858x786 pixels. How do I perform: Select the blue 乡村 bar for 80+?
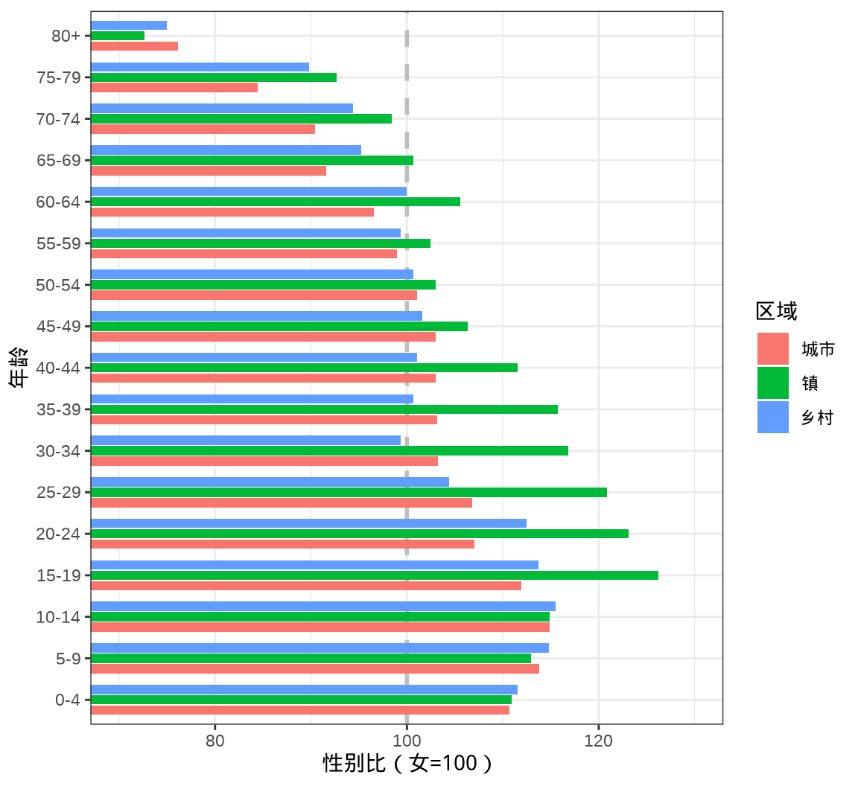(129, 25)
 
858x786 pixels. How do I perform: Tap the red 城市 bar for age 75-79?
(174, 88)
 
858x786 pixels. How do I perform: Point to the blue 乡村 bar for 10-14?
(322, 606)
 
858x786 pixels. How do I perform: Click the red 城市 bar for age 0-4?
(299, 710)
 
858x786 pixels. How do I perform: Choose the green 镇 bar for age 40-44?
(304, 368)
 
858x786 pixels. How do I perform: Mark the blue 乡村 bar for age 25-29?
(270, 482)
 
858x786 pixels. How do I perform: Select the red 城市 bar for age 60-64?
(232, 212)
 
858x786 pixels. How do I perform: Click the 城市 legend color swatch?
(772, 348)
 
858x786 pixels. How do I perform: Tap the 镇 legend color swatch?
(772, 383)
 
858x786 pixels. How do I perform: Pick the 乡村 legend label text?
(817, 418)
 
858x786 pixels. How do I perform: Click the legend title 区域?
(776, 311)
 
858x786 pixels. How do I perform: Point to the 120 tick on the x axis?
(598, 741)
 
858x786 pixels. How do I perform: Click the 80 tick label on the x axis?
(214, 741)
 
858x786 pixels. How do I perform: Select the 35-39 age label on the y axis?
(58, 409)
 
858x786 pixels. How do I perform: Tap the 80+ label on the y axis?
(66, 36)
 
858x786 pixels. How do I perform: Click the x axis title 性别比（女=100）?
(407, 764)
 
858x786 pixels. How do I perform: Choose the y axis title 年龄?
(19, 368)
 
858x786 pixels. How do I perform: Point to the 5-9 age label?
(68, 659)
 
